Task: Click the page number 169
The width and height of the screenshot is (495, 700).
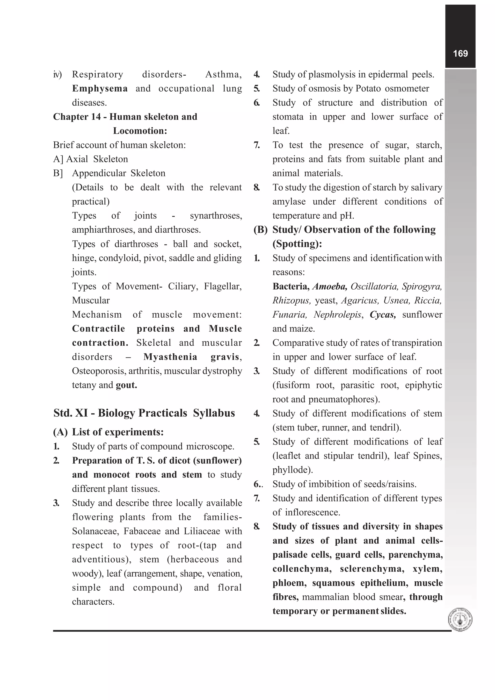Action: click(x=460, y=54)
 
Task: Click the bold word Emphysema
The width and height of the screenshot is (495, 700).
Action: click(x=100, y=89)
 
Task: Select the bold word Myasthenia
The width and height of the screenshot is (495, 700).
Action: click(x=170, y=357)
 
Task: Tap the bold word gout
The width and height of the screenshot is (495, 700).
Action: click(x=126, y=385)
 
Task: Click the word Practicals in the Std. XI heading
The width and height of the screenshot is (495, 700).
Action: click(x=163, y=413)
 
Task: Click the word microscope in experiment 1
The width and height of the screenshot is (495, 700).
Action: click(x=210, y=447)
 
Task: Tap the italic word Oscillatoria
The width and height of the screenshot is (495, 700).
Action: click(x=374, y=286)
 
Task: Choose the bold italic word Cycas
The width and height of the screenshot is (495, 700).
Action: click(x=382, y=315)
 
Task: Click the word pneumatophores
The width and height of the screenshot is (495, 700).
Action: click(x=343, y=399)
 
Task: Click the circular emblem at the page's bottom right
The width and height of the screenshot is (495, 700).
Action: click(x=460, y=620)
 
